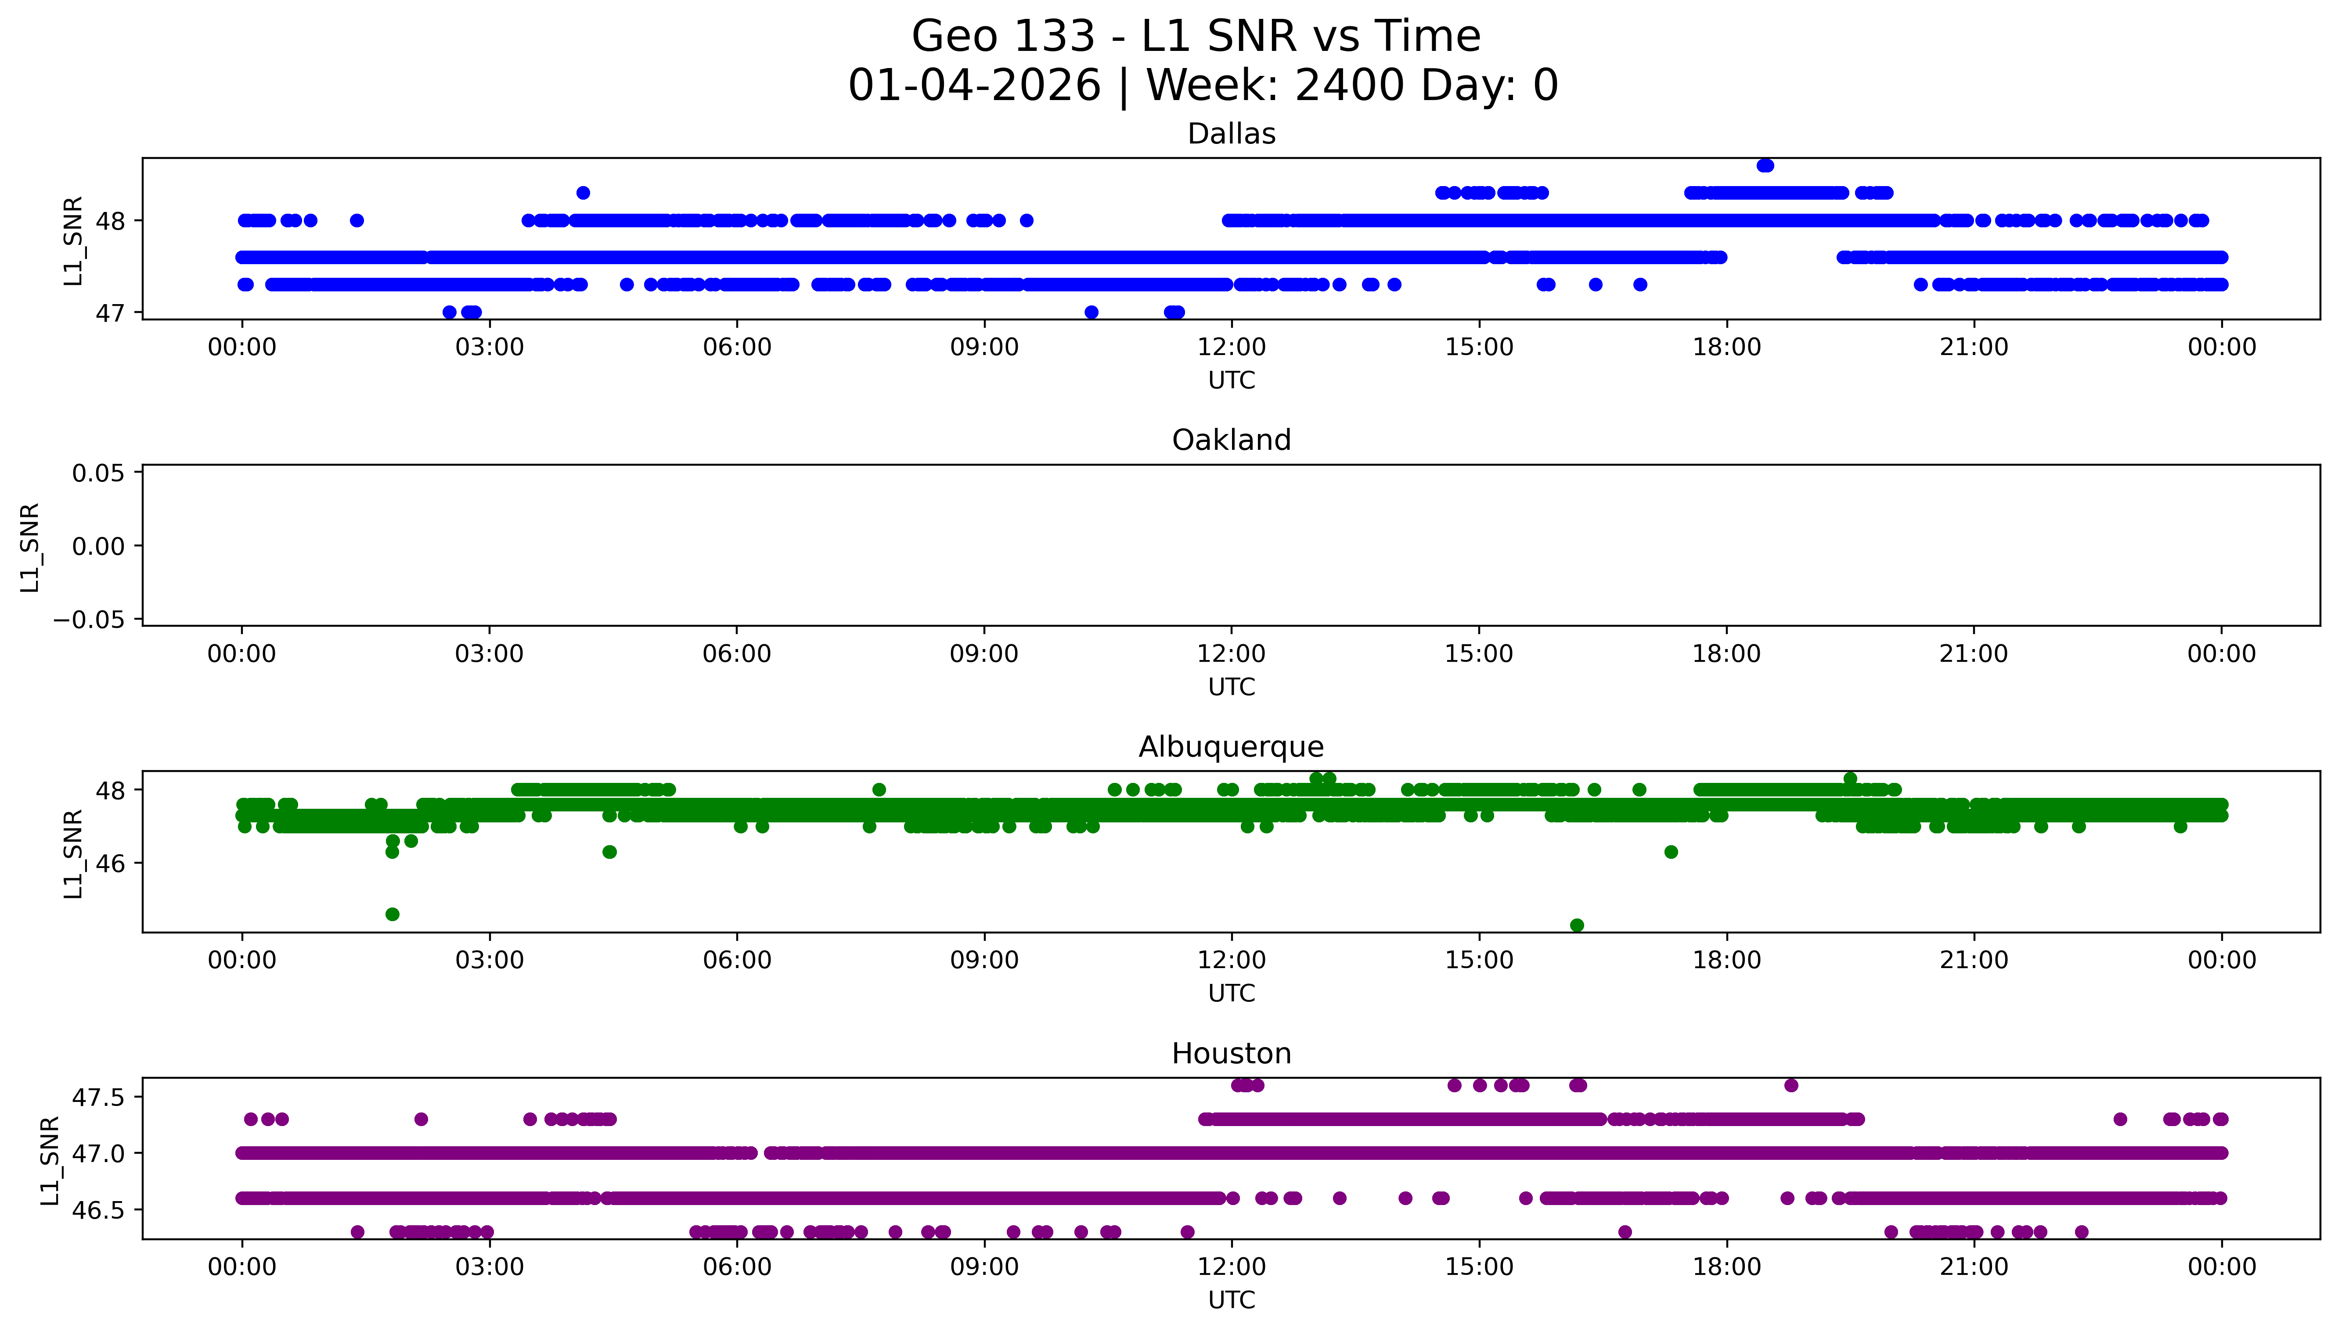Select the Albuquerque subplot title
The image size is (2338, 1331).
(1231, 747)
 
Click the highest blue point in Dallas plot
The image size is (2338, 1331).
(1765, 165)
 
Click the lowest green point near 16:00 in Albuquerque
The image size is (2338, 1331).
(1576, 925)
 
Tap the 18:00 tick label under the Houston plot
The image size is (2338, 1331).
(1726, 1267)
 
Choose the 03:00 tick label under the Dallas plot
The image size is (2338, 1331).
(489, 348)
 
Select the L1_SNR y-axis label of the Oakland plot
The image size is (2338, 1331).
(30, 547)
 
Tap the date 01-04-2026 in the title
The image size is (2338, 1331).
(974, 86)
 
